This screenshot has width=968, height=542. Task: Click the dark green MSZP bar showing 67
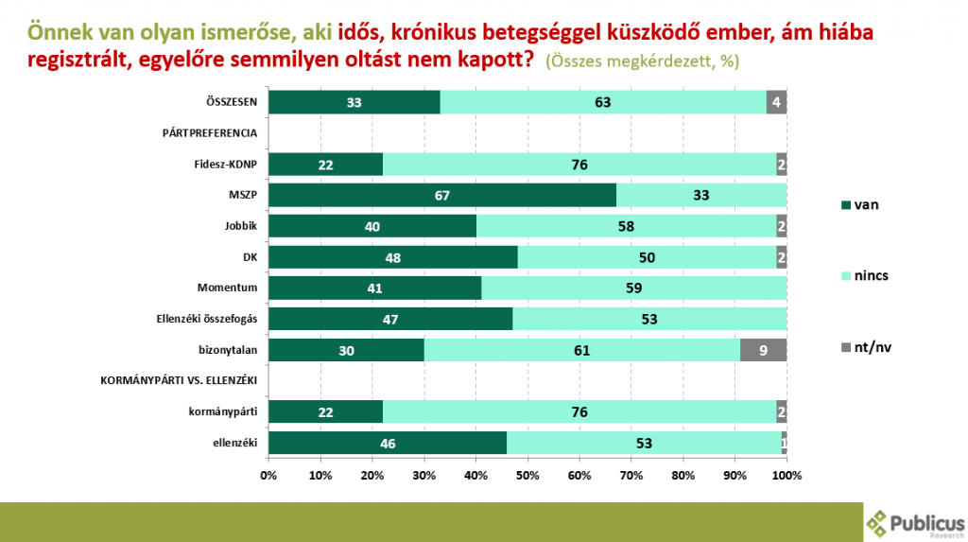tap(441, 195)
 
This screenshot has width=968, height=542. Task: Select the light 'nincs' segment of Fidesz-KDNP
tap(579, 165)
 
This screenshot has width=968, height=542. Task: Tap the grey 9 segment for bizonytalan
tap(763, 350)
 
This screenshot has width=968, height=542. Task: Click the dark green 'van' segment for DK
tap(392, 257)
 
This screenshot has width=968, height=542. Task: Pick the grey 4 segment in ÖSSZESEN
tap(776, 103)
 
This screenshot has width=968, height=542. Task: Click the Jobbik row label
tap(242, 227)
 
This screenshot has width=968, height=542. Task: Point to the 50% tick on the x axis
tap(527, 474)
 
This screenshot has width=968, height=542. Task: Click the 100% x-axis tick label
tap(786, 474)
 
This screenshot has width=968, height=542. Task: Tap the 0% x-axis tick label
tap(268, 474)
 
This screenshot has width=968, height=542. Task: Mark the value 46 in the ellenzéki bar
tap(388, 443)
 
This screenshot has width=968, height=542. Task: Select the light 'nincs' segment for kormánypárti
tap(579, 411)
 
